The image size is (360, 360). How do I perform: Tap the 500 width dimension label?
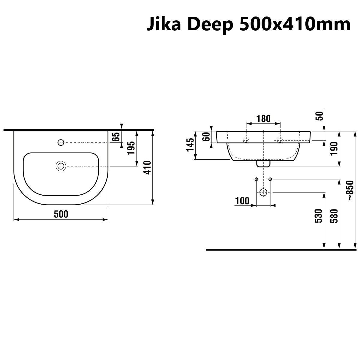tap(61, 214)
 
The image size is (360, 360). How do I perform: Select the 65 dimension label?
tap(116, 137)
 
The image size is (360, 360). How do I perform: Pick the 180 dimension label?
tap(263, 119)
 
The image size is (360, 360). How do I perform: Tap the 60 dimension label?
tap(206, 137)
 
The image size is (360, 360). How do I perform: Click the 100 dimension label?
tap(242, 201)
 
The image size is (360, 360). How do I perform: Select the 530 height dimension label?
tap(319, 216)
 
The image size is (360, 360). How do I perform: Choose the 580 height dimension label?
tap(334, 216)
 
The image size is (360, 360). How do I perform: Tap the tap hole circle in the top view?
tap(61, 142)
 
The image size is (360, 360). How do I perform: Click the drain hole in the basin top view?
tap(61, 166)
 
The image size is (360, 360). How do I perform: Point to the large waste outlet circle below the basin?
tap(263, 192)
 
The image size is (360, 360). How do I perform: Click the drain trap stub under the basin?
tap(263, 163)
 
